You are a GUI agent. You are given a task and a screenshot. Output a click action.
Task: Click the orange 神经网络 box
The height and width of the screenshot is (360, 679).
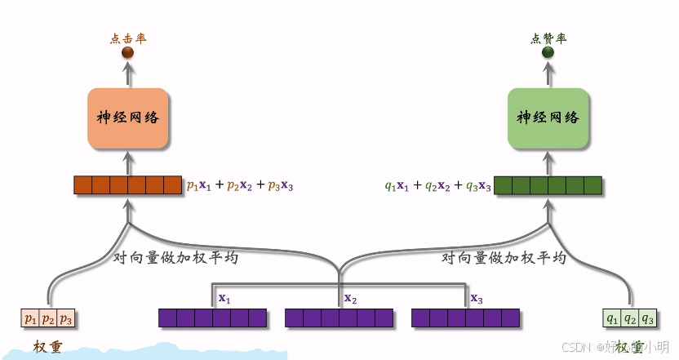pyautogui.click(x=128, y=119)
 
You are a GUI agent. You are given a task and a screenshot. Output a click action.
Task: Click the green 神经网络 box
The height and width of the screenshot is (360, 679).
pyautogui.click(x=548, y=119)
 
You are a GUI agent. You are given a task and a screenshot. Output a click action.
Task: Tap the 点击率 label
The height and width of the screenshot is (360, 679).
pyautogui.click(x=127, y=38)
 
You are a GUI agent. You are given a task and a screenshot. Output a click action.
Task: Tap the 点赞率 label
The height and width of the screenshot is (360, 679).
pyautogui.click(x=548, y=38)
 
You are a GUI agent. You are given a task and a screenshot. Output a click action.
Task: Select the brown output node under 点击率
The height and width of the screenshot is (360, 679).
pyautogui.click(x=127, y=53)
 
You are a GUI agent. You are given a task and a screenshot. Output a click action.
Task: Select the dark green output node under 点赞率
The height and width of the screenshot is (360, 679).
pyautogui.click(x=548, y=53)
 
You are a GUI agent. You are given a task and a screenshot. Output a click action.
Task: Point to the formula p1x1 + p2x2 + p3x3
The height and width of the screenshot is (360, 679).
pyautogui.click(x=240, y=186)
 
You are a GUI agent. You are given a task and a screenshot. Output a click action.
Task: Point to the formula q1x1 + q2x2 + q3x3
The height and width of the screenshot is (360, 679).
pyautogui.click(x=437, y=186)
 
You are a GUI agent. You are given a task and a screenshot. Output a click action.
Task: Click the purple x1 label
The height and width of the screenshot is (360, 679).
pyautogui.click(x=224, y=299)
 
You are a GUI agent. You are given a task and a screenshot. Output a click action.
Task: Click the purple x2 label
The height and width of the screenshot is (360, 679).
pyautogui.click(x=350, y=299)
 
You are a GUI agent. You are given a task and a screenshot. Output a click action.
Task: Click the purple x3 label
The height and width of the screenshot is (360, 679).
pyautogui.click(x=477, y=299)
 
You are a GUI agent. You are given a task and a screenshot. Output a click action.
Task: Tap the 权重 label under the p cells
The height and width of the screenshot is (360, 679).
pyautogui.click(x=48, y=347)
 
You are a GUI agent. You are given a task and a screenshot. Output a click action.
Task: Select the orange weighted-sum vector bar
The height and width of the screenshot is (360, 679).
pyautogui.click(x=127, y=185)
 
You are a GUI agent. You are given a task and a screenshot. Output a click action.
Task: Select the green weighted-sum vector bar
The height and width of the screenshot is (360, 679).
pyautogui.click(x=548, y=185)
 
